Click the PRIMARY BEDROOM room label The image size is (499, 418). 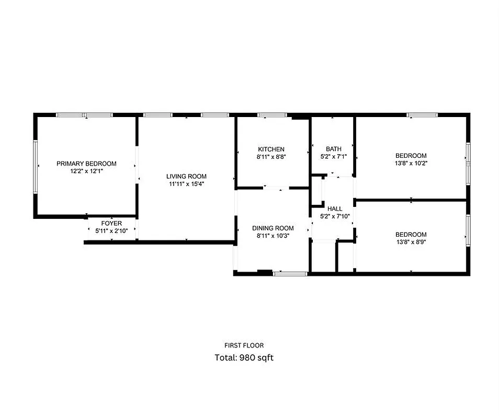click(86, 164)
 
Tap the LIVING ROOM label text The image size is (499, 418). click(186, 176)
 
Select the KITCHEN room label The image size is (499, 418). click(271, 149)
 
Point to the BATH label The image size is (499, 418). click(333, 149)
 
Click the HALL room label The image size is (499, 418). click(335, 208)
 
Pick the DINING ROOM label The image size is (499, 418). click(273, 228)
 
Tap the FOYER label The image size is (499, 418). click(111, 224)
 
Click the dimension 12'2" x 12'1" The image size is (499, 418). click(86, 171)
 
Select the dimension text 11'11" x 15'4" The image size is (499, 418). click(186, 183)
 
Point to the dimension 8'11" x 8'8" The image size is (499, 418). click(271, 157)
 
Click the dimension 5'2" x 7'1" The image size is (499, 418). click(333, 156)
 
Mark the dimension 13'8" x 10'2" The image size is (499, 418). click(411, 163)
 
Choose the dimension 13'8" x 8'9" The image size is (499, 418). click(411, 242)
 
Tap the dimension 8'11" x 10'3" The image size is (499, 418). click(273, 236)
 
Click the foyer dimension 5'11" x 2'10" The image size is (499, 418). click(111, 230)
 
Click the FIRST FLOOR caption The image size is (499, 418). click(244, 345)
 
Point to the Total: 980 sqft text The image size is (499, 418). click(244, 358)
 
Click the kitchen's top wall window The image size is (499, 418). click(272, 115)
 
